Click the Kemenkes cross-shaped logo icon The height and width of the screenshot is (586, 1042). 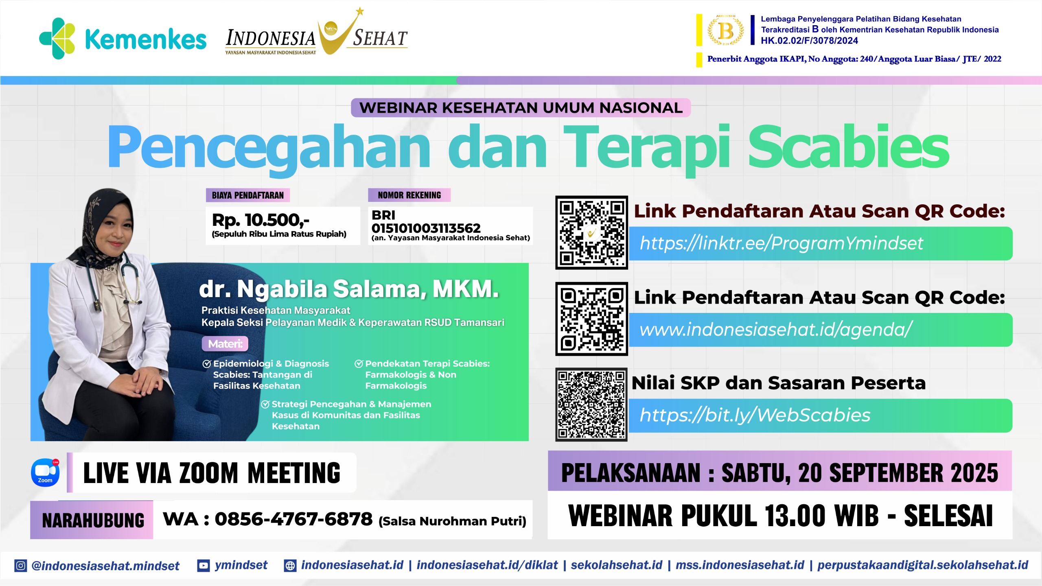pyautogui.click(x=57, y=38)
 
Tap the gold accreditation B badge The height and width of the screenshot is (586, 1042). pyautogui.click(x=725, y=30)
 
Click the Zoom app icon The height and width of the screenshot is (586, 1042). pyautogui.click(x=45, y=472)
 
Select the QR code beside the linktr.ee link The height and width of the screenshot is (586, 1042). pyautogui.click(x=591, y=232)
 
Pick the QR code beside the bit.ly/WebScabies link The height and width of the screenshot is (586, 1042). pyautogui.click(x=591, y=405)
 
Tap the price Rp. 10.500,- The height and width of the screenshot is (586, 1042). pyautogui.click(x=260, y=220)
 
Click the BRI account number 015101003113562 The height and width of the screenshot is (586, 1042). pyautogui.click(x=426, y=228)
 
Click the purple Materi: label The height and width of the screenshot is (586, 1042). pyautogui.click(x=225, y=344)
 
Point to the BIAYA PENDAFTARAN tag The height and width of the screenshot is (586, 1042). pyautogui.click(x=248, y=195)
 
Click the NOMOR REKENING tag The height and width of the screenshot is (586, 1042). pyautogui.click(x=409, y=195)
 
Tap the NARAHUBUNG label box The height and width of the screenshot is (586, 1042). pyautogui.click(x=92, y=520)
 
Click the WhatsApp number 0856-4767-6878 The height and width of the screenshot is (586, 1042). pyautogui.click(x=293, y=519)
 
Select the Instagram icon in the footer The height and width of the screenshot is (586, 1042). pyautogui.click(x=20, y=566)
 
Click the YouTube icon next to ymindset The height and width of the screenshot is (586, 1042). pyautogui.click(x=203, y=566)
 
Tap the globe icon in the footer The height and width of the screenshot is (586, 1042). pyautogui.click(x=290, y=566)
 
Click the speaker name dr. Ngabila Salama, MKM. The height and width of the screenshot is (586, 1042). pyautogui.click(x=349, y=289)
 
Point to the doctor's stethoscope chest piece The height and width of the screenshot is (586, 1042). pyautogui.click(x=97, y=306)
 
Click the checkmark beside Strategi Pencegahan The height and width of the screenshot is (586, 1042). pyautogui.click(x=265, y=404)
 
